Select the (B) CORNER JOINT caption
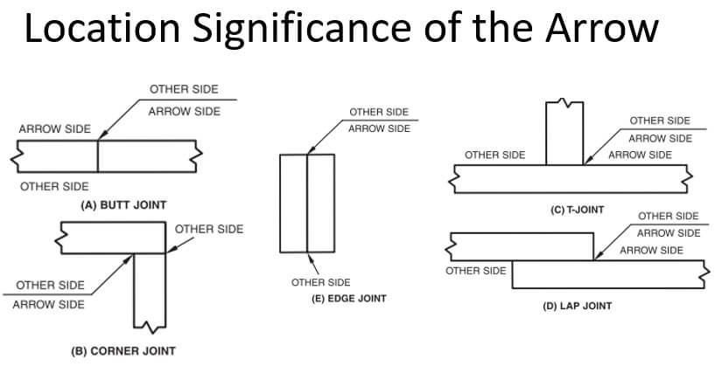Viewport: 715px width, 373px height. coord(123,351)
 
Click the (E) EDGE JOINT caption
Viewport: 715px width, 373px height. coord(337,299)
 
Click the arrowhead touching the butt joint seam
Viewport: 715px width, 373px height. coord(100,136)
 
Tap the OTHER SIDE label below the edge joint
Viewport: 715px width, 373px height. coord(320,282)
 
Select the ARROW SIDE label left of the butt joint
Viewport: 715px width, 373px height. coord(54,129)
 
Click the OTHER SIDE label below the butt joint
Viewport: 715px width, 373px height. coord(53,187)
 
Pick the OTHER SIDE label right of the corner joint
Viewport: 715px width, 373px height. coord(209,230)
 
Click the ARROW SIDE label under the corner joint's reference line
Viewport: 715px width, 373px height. coord(49,305)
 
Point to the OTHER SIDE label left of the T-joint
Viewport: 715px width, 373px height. coord(495,155)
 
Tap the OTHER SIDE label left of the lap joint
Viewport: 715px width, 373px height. coord(475,271)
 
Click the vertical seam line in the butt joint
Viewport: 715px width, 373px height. coord(97,156)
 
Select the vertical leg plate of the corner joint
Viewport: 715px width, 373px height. coord(150,288)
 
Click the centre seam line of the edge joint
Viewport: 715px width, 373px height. coord(307,203)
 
